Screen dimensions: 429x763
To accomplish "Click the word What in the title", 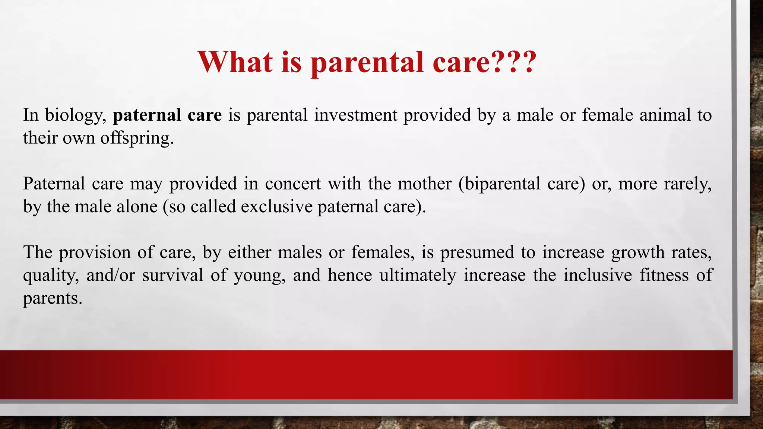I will (235, 62).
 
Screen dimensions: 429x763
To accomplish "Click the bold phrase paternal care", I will (167, 115).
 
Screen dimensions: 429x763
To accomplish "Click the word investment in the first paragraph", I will (355, 115).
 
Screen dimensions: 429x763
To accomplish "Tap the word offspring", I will (137, 139).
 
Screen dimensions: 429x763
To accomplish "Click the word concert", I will (293, 184).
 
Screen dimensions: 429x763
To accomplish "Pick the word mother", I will (424, 184).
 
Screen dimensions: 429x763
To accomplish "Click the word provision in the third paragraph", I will (95, 253).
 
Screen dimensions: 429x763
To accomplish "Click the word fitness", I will (664, 276).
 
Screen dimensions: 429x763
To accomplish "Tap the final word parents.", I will (52, 299).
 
